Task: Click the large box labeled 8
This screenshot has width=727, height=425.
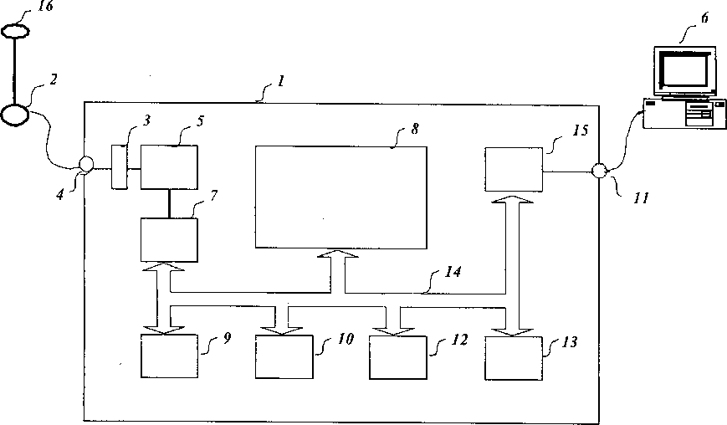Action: tap(340, 196)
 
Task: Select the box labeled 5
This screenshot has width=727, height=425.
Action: tap(169, 166)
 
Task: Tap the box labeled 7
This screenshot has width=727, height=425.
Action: tap(169, 239)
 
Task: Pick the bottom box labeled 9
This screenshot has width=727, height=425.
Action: tap(169, 357)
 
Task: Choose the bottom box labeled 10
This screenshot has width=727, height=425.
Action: tap(284, 357)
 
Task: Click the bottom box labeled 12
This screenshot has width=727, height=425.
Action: tap(399, 357)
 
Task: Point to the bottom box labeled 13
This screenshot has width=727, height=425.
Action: tap(514, 357)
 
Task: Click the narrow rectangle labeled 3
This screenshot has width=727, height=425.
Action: tap(120, 166)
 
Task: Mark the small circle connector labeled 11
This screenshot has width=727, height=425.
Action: tap(598, 172)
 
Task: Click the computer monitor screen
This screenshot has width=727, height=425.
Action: tap(683, 70)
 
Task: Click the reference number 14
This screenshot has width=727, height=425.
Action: tap(453, 273)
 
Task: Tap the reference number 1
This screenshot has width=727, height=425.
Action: tap(281, 81)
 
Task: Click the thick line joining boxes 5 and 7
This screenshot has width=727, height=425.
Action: tap(169, 202)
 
